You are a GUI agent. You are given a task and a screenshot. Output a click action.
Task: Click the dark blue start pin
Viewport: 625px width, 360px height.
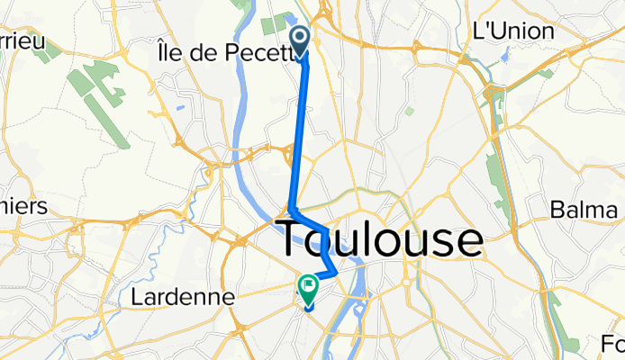302,40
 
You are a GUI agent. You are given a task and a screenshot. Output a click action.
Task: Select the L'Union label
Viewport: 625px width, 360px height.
512,30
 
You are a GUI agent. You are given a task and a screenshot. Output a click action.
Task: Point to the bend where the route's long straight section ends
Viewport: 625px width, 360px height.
290,208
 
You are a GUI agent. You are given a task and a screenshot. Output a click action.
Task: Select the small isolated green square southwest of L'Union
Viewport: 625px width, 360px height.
409,112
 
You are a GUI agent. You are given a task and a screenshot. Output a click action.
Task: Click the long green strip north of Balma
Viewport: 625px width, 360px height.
493,176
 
